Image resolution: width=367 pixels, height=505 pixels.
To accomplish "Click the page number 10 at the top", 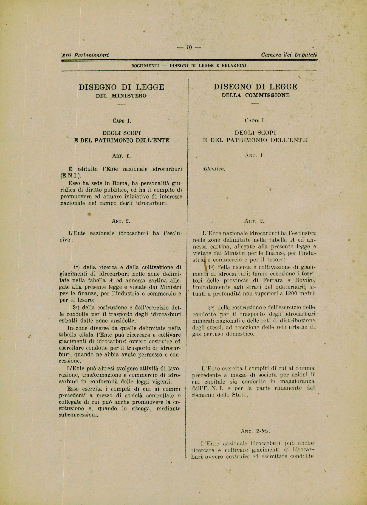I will coord(189,47).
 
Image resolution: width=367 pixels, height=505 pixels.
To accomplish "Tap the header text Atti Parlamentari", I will coord(85,55).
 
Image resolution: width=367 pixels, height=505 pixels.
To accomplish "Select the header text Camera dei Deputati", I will coord(289,55).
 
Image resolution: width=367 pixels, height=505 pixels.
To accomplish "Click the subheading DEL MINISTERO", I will coord(121,96).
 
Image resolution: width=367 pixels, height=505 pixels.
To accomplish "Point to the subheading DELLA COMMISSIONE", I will coord(256,95).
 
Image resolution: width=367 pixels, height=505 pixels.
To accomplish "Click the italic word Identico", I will coord(214,169).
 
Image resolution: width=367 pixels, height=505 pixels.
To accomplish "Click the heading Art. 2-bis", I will coord(255,431).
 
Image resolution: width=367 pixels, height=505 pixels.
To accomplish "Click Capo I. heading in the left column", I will coord(122,121).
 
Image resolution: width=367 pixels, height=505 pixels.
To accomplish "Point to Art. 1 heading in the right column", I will coord(255,155).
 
